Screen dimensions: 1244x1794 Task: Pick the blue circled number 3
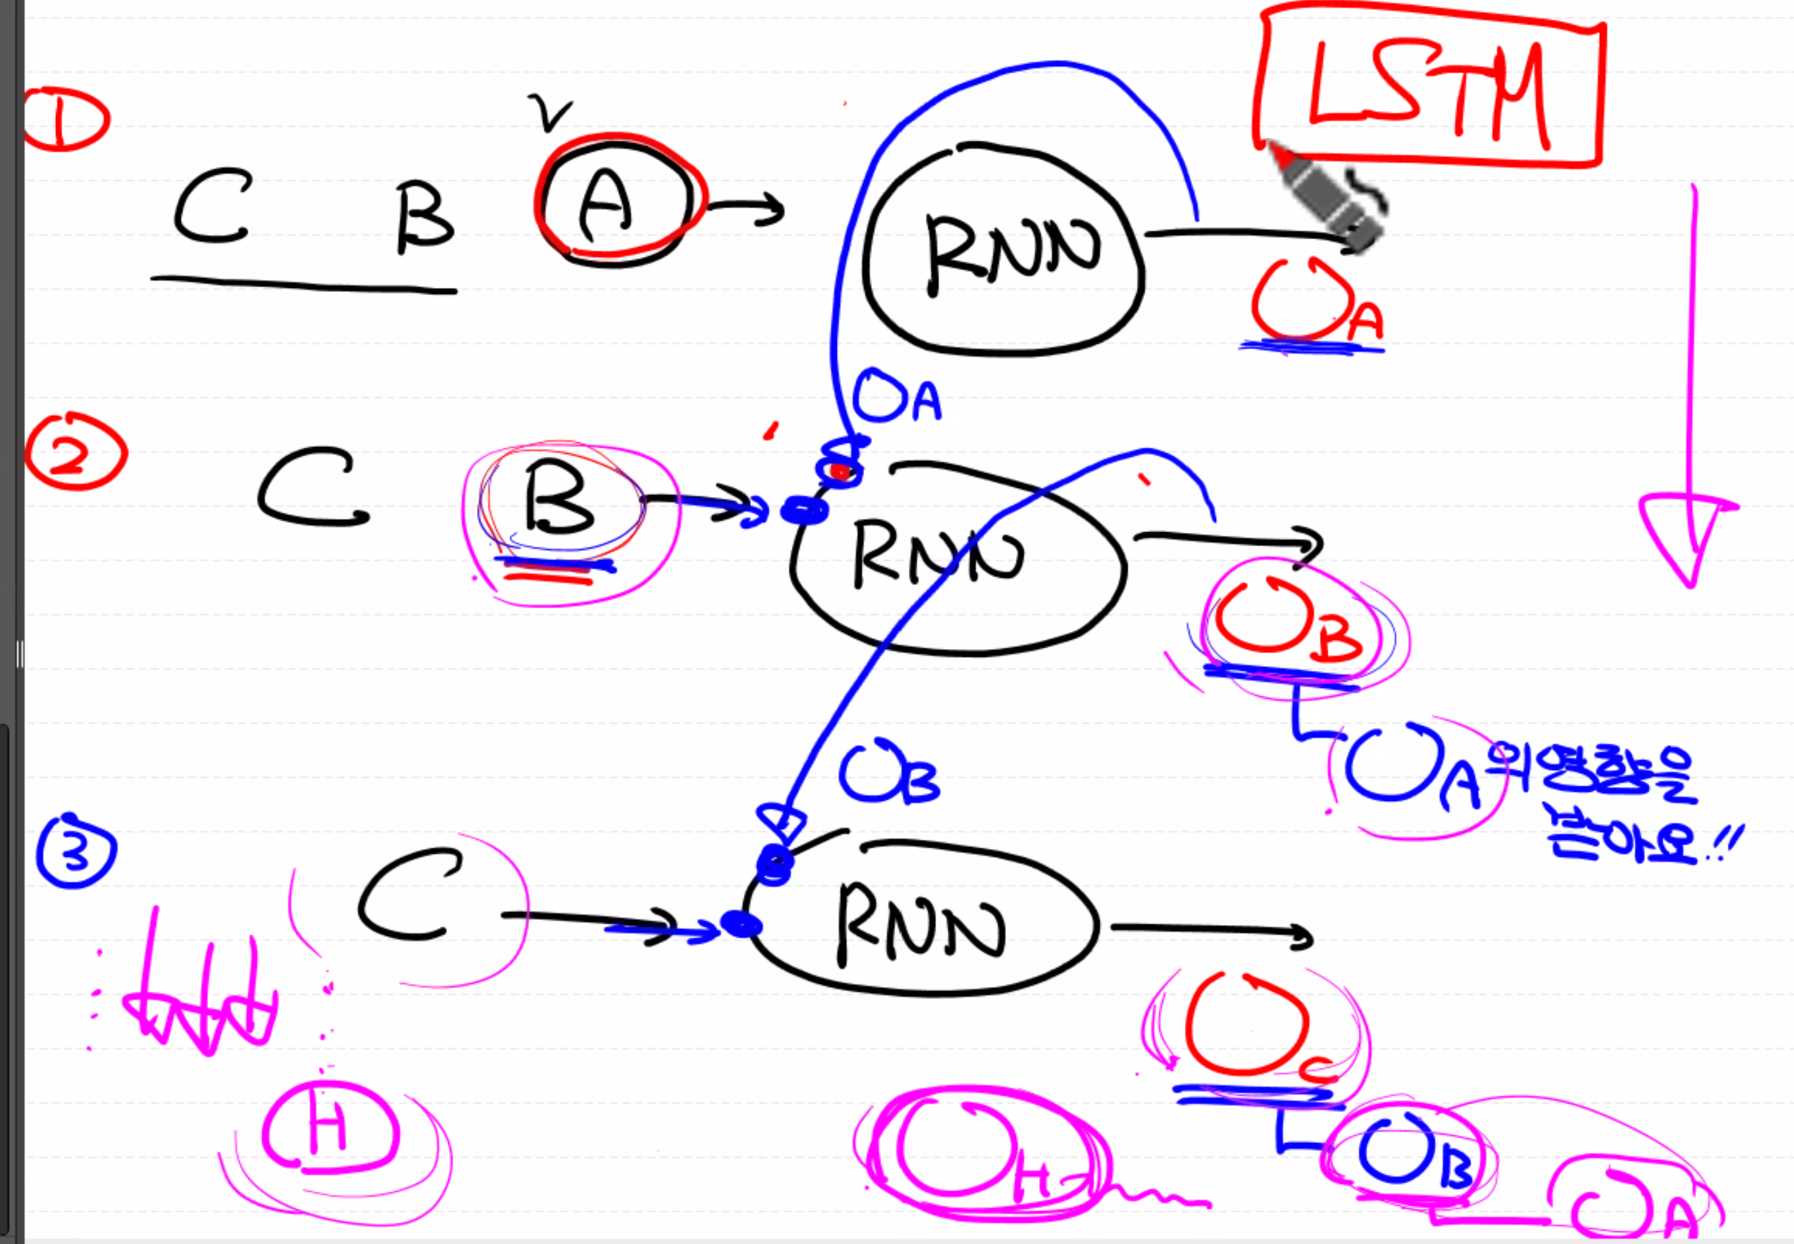pyautogui.click(x=75, y=852)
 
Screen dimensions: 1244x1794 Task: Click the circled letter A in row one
pyautogui.click(x=608, y=203)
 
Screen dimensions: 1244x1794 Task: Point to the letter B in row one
pyautogui.click(x=423, y=217)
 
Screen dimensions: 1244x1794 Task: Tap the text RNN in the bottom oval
pyautogui.click(x=920, y=924)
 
